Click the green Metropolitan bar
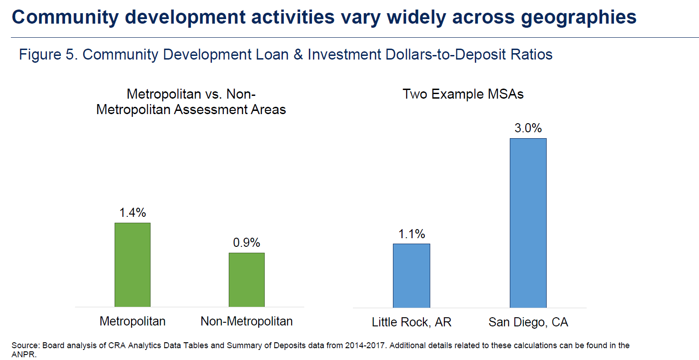[x=132, y=265]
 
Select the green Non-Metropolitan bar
[x=246, y=280]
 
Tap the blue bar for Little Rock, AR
[x=411, y=275]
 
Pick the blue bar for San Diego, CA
[x=528, y=223]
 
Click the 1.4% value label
[x=133, y=213]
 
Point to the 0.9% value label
[x=246, y=243]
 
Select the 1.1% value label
[x=412, y=234]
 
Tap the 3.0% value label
[x=528, y=128]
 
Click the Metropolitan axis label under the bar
[x=132, y=321]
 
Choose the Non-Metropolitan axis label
[x=246, y=321]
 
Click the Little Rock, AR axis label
[x=412, y=322]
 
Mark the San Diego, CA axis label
[x=528, y=322]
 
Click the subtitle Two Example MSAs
[x=463, y=94]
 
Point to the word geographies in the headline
[x=578, y=17]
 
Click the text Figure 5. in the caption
[x=48, y=55]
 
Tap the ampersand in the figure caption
[x=298, y=55]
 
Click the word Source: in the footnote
[x=25, y=345]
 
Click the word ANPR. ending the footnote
[x=24, y=355]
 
